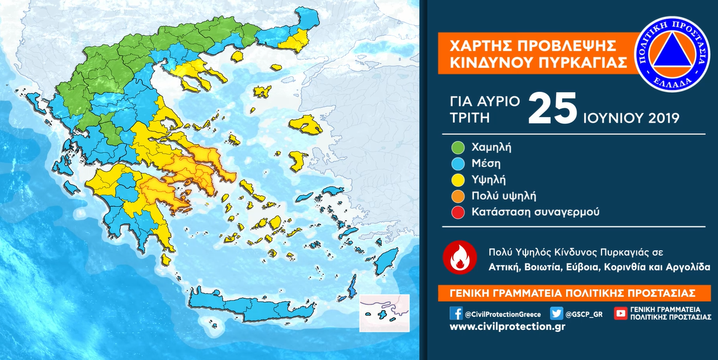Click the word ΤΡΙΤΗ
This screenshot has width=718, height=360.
pos(469,118)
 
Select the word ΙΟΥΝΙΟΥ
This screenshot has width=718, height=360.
pos(609,118)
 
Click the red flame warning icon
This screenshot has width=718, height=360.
pos(459,258)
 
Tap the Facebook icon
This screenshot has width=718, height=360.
pos(456,313)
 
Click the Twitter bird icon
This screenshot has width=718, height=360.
pos(557,313)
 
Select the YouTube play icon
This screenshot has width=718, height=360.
pos(621,313)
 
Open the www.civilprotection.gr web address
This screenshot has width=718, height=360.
pos(507,326)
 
